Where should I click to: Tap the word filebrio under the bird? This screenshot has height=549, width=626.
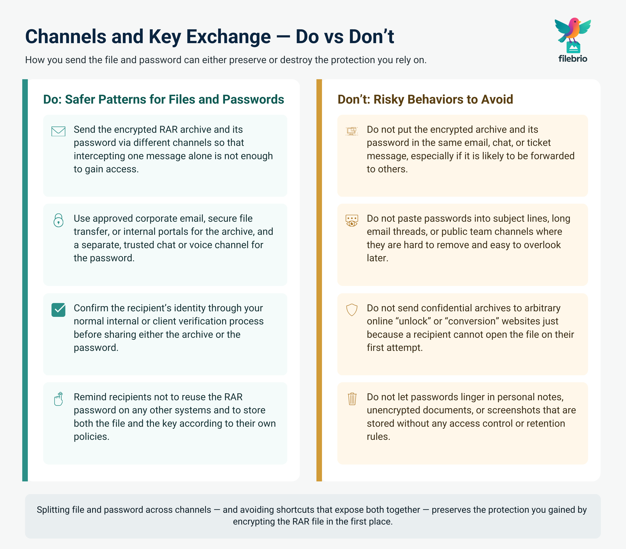pos(573,58)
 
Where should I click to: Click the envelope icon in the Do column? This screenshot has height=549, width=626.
pos(58,131)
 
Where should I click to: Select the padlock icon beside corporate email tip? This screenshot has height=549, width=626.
pos(59,220)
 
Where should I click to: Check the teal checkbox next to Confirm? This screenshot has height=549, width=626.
pos(58,310)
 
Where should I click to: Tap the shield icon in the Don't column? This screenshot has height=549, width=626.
pos(352,310)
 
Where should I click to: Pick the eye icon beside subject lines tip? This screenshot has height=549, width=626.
pos(352,220)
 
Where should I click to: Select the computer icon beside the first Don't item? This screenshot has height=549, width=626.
pos(352,131)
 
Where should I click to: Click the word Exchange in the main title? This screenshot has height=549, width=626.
pos(229,36)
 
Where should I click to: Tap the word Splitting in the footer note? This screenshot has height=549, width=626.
pos(53,510)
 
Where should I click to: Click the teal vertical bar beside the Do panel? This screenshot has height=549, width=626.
pos(25,280)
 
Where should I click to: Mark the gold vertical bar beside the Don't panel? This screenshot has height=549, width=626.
pos(319,280)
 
